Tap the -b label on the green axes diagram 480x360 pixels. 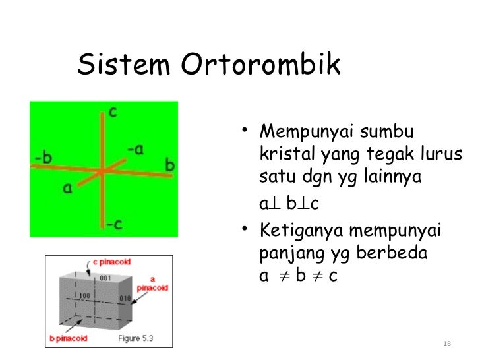pyautogui.click(x=44, y=158)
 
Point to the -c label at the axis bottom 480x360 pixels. pyautogui.click(x=114, y=224)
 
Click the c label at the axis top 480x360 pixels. pyautogui.click(x=113, y=112)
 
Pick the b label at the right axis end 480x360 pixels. pyautogui.click(x=169, y=165)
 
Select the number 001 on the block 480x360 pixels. pyautogui.click(x=104, y=278)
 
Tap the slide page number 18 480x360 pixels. pyautogui.click(x=447, y=344)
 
